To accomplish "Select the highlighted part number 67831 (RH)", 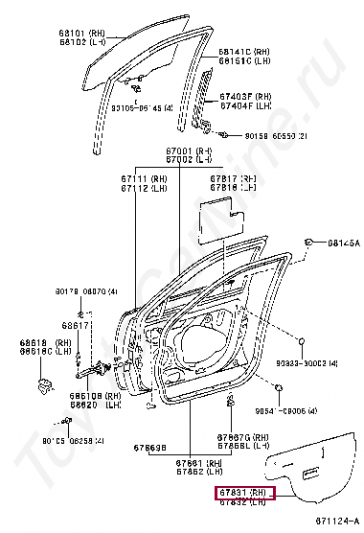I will pyautogui.click(x=242, y=492).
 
